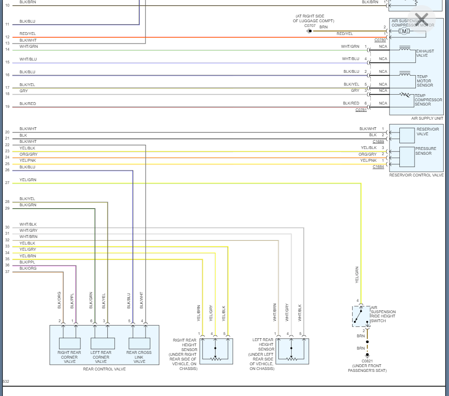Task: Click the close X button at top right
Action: coord(421,20)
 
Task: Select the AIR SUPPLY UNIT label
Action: coord(427,118)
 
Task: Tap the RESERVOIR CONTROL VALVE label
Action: coord(416,175)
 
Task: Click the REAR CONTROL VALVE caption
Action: coord(104,369)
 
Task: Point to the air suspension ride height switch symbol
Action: coord(361,316)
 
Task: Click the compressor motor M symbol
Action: coord(404,31)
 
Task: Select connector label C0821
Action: coord(367,361)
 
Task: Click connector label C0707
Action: coord(310,26)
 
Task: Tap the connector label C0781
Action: coord(361,110)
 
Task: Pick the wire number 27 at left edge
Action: coord(7,183)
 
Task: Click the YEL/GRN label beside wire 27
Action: coord(28,180)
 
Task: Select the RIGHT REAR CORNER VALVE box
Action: coord(69,343)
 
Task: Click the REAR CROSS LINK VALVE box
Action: coord(139,343)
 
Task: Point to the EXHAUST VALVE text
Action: coord(424,53)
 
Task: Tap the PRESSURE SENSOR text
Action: coord(425,151)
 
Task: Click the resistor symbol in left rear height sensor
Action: coord(292,359)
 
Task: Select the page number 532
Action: coord(6,381)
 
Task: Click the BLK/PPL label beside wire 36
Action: coord(27,262)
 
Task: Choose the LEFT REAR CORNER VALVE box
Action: coord(103,343)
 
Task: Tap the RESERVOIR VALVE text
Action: coord(427,132)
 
